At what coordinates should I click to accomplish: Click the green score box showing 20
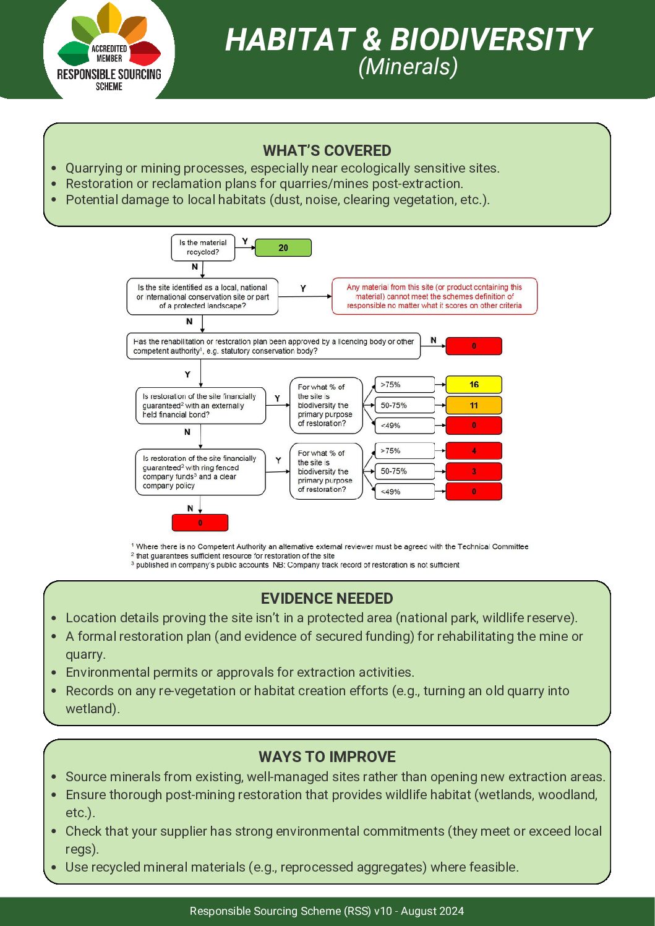[283, 248]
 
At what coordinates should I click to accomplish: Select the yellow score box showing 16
[473, 385]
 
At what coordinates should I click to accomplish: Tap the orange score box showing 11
[473, 406]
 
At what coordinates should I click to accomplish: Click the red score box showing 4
[473, 451]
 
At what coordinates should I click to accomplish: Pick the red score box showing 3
[473, 471]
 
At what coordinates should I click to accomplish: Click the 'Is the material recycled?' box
[203, 247]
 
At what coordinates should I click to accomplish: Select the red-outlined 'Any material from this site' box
[434, 296]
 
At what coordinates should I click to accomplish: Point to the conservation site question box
[202, 296]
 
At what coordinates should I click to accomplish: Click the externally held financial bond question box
[200, 406]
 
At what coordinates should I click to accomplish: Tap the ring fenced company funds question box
[200, 472]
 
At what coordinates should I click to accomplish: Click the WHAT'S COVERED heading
[327, 150]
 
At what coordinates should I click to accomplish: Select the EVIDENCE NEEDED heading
[327, 598]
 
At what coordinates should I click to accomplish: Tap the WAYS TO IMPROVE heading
[327, 757]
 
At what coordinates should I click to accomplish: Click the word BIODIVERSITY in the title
[491, 40]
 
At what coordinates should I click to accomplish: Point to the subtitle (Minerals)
[408, 67]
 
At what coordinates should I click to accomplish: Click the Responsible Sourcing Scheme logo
[109, 51]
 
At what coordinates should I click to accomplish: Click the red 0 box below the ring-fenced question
[200, 523]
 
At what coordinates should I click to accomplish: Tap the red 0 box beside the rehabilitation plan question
[473, 346]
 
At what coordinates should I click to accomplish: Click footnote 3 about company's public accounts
[297, 565]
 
